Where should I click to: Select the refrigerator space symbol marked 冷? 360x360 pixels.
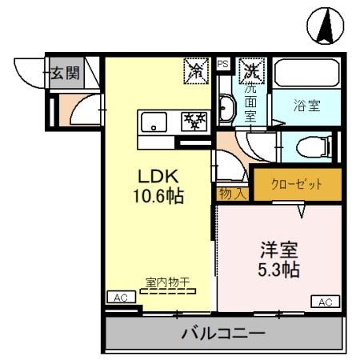(x=195, y=72)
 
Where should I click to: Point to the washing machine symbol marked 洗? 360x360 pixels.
(x=251, y=72)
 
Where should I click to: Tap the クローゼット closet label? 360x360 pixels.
(x=298, y=183)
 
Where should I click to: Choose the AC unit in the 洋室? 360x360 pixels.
(x=324, y=302)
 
